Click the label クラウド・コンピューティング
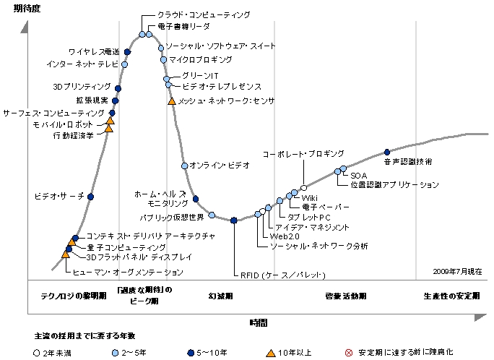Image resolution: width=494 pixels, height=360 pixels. click(x=204, y=14)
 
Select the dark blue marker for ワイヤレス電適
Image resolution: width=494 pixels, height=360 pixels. click(x=128, y=52)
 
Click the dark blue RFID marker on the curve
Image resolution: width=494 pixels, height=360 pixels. click(x=234, y=220)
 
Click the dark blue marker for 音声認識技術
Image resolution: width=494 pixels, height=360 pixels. click(x=387, y=152)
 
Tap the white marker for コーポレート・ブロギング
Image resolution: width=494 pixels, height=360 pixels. click(x=303, y=188)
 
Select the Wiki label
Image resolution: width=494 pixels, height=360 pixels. click(x=309, y=197)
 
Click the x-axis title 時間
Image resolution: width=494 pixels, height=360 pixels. click(x=258, y=322)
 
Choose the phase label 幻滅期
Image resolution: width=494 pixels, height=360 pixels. click(x=220, y=296)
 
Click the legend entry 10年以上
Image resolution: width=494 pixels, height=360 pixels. click(x=292, y=353)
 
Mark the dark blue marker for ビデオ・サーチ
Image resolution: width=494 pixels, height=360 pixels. click(x=91, y=196)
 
